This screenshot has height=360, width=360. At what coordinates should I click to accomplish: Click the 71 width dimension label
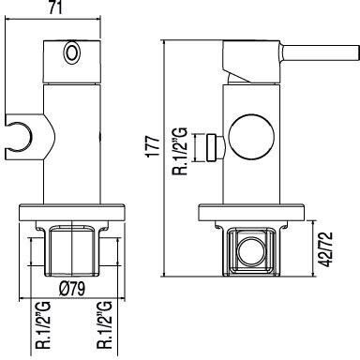[54, 7]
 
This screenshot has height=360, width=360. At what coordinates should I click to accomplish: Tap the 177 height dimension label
[154, 147]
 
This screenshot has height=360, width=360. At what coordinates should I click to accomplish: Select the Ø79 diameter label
[72, 289]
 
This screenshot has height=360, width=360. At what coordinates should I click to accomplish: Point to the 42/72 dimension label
[327, 249]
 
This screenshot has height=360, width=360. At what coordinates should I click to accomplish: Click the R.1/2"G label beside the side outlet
[180, 151]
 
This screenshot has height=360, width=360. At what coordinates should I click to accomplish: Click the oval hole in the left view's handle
[72, 52]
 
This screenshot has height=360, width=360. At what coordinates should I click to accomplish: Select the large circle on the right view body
[251, 137]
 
